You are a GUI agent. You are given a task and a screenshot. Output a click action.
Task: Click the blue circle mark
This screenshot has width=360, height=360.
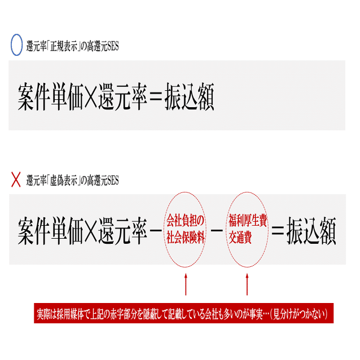coord(17,45)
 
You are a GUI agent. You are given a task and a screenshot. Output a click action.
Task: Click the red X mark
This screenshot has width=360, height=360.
coord(16,181)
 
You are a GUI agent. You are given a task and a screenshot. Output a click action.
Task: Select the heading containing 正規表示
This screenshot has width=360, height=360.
coord(73,46)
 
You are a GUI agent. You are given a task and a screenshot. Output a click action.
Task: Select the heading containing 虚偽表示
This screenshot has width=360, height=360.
coord(73,181)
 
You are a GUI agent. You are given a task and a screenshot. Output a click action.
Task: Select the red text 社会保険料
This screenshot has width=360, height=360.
coord(186,238)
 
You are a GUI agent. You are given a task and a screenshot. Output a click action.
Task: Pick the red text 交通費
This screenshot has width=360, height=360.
coord(240,238)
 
